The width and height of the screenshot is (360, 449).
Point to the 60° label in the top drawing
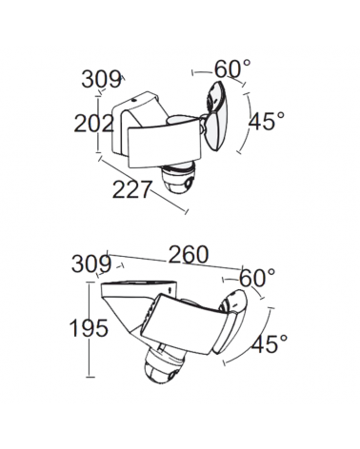231,68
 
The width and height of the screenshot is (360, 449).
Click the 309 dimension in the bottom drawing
90,262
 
